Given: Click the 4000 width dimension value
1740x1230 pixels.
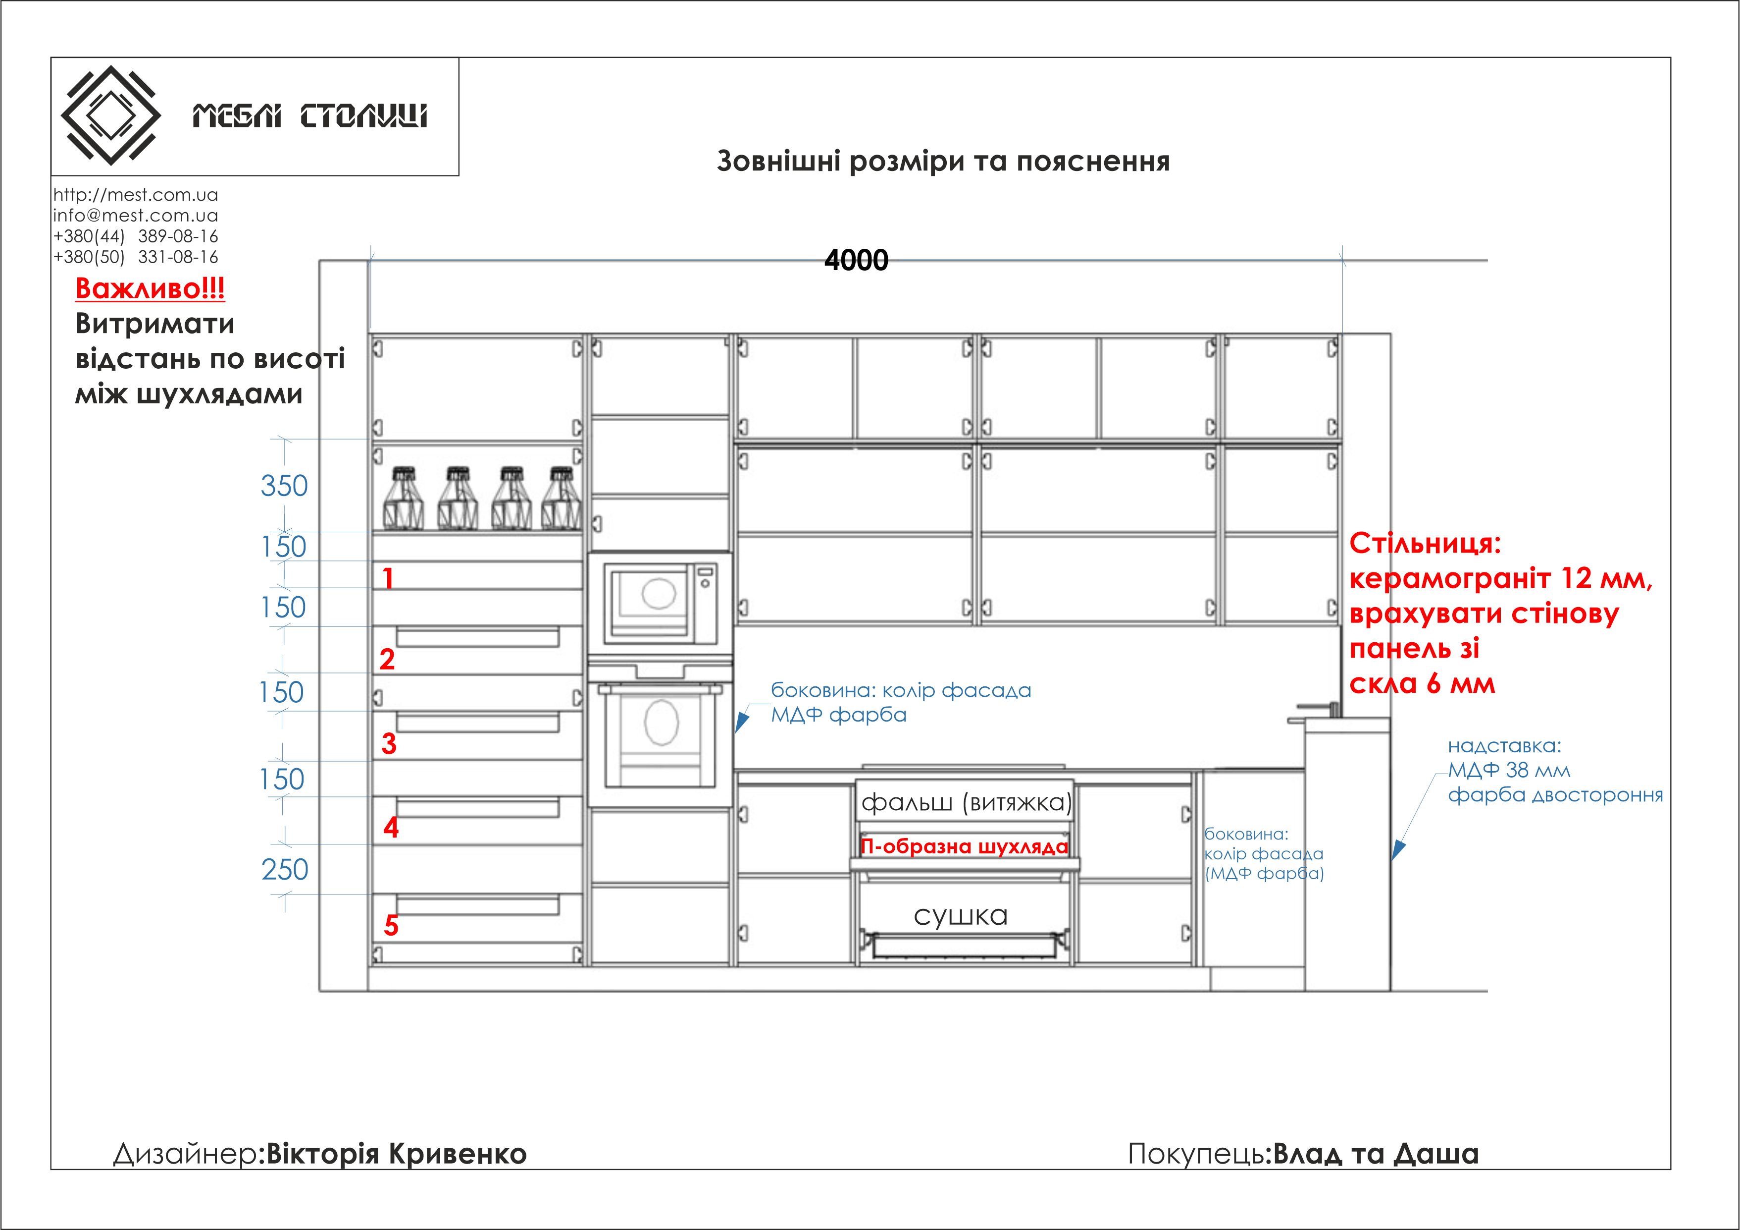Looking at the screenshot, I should pos(856,260).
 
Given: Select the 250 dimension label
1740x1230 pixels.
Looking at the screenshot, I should pos(285,869).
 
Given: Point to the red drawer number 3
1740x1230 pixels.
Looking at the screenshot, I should pos(389,744).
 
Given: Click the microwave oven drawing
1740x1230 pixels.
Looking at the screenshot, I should pos(660,601).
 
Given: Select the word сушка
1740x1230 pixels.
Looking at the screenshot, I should pos(960,915).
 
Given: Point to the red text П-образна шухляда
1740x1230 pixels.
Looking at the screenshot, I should pos(964,846).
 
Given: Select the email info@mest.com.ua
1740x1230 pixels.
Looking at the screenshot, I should pos(136,216).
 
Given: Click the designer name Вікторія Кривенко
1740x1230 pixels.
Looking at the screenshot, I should pos(396,1154).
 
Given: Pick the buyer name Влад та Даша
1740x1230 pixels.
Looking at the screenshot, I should pos(1376,1154).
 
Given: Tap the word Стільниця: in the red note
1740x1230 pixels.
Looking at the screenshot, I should pos(1425,544).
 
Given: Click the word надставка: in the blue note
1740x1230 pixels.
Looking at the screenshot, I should pos(1504,745).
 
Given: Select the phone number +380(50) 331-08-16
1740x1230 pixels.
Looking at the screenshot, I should pos(136,257).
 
